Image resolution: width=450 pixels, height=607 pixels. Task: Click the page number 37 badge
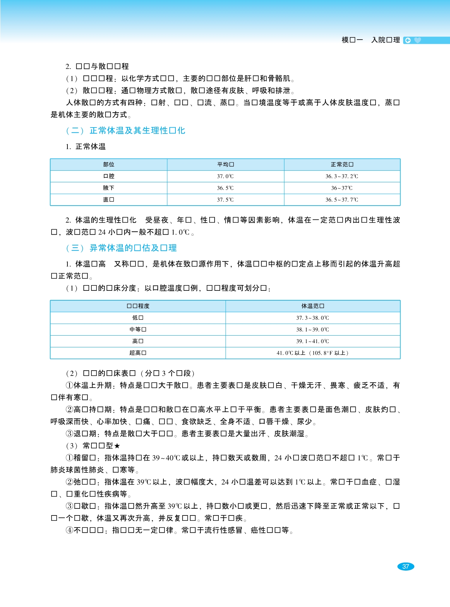(x=406, y=566)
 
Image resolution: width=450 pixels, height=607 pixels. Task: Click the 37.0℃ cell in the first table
(x=225, y=176)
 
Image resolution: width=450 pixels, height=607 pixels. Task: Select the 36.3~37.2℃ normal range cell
(x=342, y=176)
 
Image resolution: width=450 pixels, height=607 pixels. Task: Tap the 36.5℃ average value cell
(x=225, y=188)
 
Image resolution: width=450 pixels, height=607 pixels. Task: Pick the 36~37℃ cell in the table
(x=342, y=188)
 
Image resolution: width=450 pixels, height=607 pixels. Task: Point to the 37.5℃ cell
(x=225, y=200)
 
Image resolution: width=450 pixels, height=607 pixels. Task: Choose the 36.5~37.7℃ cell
(x=342, y=200)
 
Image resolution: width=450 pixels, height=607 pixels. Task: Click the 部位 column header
(x=109, y=164)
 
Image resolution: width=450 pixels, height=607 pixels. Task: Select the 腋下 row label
(x=109, y=188)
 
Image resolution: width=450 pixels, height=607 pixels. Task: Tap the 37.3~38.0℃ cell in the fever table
(x=312, y=318)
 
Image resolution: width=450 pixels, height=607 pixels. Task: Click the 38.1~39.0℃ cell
(x=312, y=329)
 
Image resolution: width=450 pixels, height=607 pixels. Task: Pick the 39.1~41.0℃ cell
(x=312, y=341)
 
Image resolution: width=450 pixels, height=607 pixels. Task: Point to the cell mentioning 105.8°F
(x=312, y=353)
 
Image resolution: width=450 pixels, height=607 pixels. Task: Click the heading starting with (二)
(x=125, y=131)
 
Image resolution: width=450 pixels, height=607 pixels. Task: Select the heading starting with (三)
(x=121, y=248)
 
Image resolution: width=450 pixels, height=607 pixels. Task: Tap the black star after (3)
(x=117, y=446)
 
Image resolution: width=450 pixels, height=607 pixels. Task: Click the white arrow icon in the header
(x=408, y=40)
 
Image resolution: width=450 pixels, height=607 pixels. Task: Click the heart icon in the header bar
(x=418, y=40)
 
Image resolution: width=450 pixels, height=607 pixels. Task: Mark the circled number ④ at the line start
(x=70, y=530)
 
